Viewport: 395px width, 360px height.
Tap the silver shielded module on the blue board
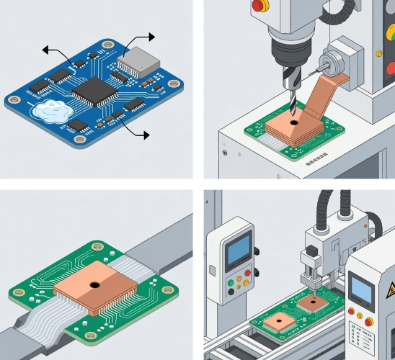tap(136, 58)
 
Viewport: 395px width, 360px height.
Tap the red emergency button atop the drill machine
tap(258, 6)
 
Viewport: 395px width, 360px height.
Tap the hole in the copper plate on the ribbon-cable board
tap(94, 284)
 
